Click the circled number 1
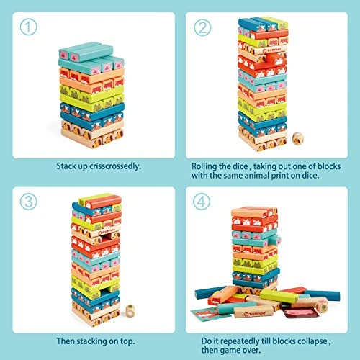point(27,28)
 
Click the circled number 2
point(202,28)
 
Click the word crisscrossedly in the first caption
point(114,166)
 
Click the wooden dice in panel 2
point(300,138)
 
